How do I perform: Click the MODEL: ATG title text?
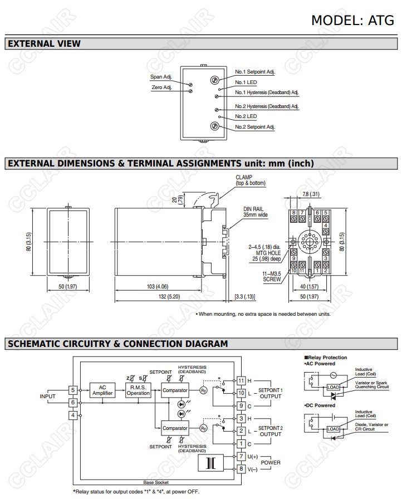click(x=352, y=20)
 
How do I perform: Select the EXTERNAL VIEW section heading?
click(x=44, y=43)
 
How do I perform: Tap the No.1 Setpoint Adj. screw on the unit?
click(x=214, y=80)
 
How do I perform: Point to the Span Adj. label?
click(x=161, y=77)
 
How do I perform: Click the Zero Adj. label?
click(x=161, y=87)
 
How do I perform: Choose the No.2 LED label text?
click(x=246, y=116)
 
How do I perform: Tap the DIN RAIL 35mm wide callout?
click(x=256, y=212)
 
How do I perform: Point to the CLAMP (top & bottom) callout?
click(x=251, y=180)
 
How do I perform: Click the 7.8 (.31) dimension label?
click(x=310, y=194)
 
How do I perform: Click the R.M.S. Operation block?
click(x=138, y=390)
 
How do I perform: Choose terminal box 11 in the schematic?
click(x=241, y=380)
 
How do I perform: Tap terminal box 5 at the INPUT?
click(x=73, y=390)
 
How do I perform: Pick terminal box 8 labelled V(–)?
click(x=241, y=469)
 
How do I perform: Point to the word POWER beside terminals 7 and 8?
click(x=271, y=462)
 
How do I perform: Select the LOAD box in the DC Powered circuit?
click(x=333, y=429)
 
